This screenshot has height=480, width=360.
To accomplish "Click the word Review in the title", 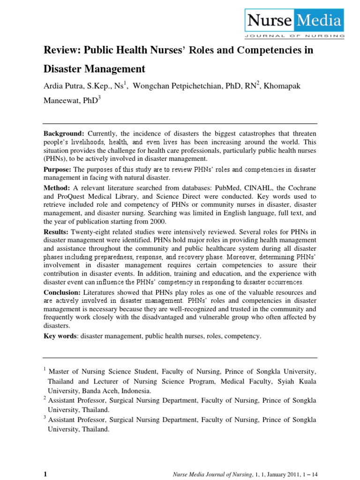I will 59,51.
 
